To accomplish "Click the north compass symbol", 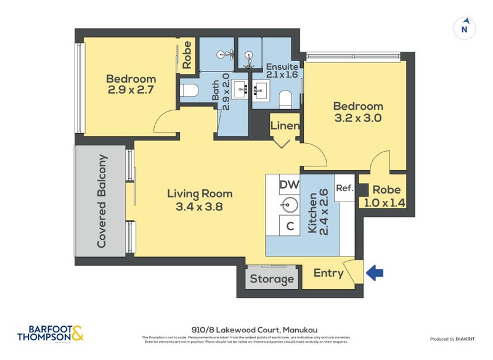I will tap(465, 28).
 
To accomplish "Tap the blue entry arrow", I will tap(375, 272).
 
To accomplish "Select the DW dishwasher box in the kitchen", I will tap(289, 184).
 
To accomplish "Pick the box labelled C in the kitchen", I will tap(289, 226).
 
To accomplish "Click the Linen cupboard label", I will tap(285, 126).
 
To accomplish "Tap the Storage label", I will tap(272, 279).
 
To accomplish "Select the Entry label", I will tap(328, 273).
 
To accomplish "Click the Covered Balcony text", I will tap(102, 202).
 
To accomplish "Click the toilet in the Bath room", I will tap(189, 91).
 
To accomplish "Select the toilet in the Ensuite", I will tap(285, 99).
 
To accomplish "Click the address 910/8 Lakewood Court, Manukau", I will tap(246, 329).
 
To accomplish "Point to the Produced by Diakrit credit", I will tap(455, 339).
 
